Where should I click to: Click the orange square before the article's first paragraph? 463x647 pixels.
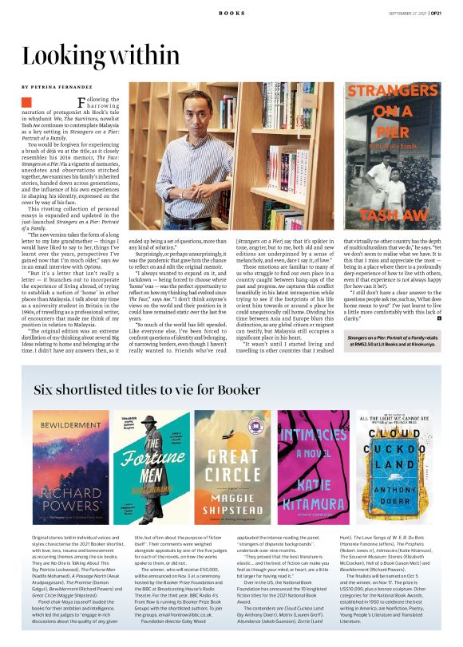pyautogui.click(x=26, y=102)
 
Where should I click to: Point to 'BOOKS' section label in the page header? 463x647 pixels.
pyautogui.click(x=231, y=14)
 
